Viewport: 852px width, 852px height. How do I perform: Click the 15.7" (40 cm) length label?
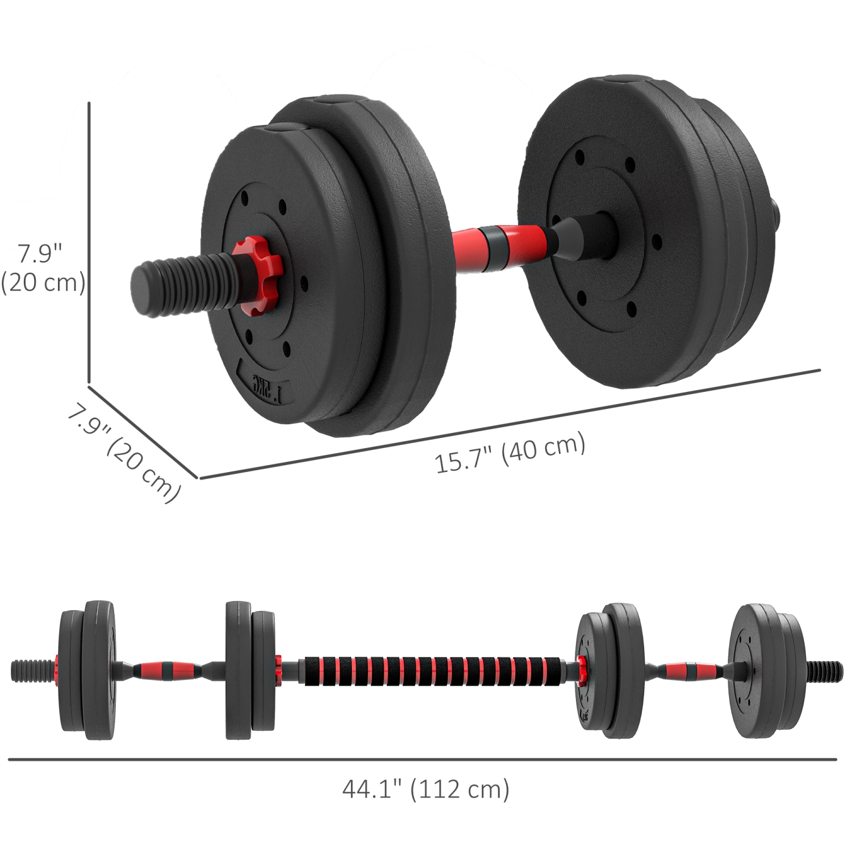coord(509,453)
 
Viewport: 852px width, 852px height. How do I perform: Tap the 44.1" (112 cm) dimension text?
coord(425,789)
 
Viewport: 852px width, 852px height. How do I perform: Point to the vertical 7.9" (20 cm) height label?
coord(43,268)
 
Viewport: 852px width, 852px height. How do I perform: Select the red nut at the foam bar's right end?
coord(582,668)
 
